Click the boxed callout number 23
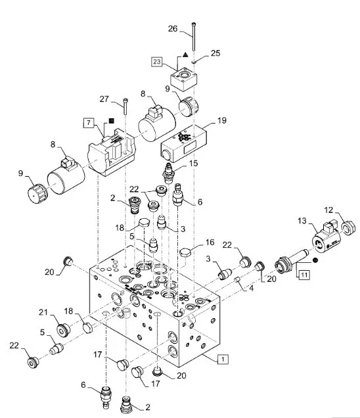click(x=157, y=62)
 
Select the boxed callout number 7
click(x=89, y=123)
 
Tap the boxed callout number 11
click(x=304, y=275)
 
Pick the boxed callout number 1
click(x=223, y=359)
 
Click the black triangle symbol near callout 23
click(x=185, y=55)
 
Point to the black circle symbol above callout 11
click(x=315, y=260)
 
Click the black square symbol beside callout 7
click(x=112, y=121)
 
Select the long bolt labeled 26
click(x=193, y=36)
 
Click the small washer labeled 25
click(x=194, y=62)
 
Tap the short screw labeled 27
click(x=125, y=106)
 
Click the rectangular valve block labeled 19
click(x=183, y=143)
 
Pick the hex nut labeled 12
click(x=348, y=228)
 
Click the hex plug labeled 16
click(x=186, y=252)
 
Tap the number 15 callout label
click(x=194, y=163)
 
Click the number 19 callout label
click(x=222, y=120)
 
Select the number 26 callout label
click(x=173, y=28)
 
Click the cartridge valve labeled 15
click(x=168, y=174)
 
